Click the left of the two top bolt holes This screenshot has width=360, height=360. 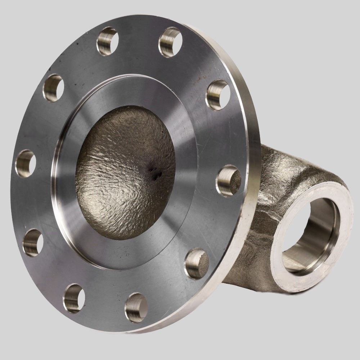pos(107,41)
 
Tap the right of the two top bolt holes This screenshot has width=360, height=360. pos(169,42)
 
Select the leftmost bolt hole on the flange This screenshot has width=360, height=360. pos(25,164)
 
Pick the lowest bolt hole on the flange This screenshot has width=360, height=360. pos(136,307)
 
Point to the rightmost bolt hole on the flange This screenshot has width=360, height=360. pos(228,180)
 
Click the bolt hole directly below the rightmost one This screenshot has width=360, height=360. pos(197,264)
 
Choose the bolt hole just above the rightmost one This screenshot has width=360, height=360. pos(218,95)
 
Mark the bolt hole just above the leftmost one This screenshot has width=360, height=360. pos(53,87)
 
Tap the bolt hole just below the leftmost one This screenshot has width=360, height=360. pos(33,242)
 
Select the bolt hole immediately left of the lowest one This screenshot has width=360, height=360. pos(74,298)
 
